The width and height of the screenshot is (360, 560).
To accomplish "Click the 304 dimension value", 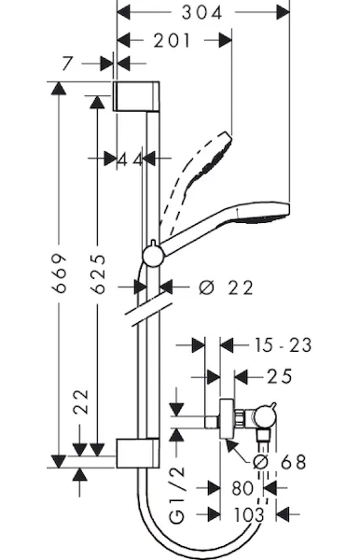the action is tap(202, 13).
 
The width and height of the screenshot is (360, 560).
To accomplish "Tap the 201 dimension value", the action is tap(172, 41).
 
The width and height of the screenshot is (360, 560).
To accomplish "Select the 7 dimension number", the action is tap(67, 63).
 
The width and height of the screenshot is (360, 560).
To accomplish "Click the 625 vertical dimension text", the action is tap(98, 273).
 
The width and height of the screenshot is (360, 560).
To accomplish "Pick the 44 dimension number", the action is tap(131, 160).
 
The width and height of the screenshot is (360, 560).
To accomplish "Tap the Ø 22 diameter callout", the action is tap(226, 287).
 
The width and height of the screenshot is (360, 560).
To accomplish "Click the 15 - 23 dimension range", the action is tap(283, 345).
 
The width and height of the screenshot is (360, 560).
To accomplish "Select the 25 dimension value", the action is tap(280, 376).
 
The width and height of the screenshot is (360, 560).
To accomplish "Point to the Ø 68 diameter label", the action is tap(280, 462).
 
